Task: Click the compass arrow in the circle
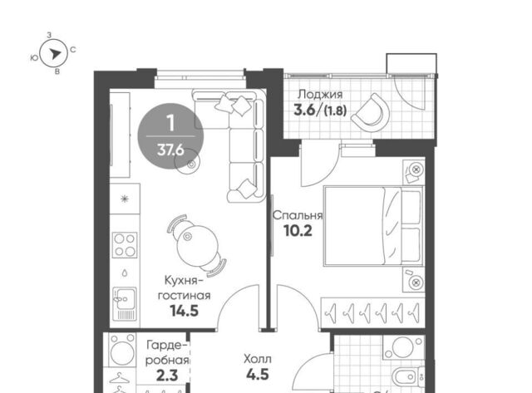tap(55, 53)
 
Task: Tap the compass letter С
tap(73, 50)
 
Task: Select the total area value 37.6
tap(170, 150)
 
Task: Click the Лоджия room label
tap(320, 94)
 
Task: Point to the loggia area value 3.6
tap(304, 111)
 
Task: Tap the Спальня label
tap(298, 215)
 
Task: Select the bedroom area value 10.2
tap(298, 231)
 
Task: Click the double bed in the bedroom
tap(373, 225)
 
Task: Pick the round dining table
tap(196, 245)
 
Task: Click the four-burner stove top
tap(125, 245)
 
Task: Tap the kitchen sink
tap(125, 304)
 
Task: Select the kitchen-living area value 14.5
tap(185, 311)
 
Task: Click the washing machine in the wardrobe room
tap(122, 351)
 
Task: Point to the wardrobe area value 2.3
tap(167, 376)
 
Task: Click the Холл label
tap(258, 359)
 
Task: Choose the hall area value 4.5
tap(258, 375)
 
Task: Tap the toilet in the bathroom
tap(407, 376)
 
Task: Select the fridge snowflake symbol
tap(125, 199)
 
